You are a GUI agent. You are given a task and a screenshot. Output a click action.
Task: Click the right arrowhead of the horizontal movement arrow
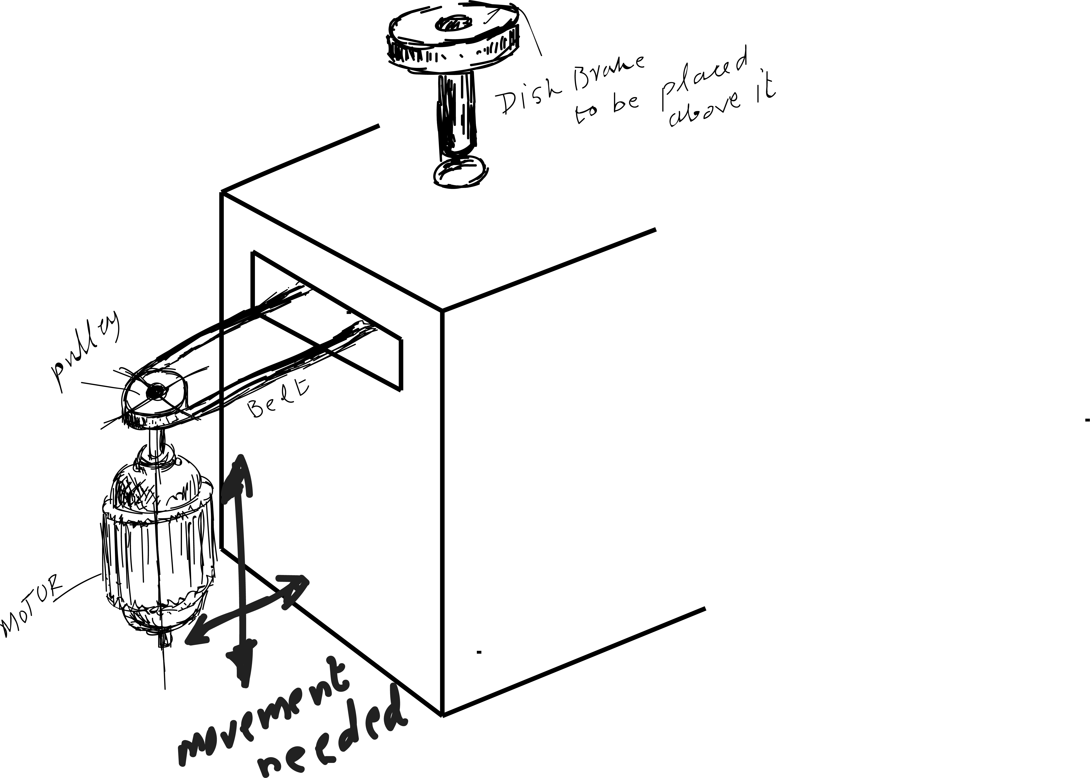click(297, 587)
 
